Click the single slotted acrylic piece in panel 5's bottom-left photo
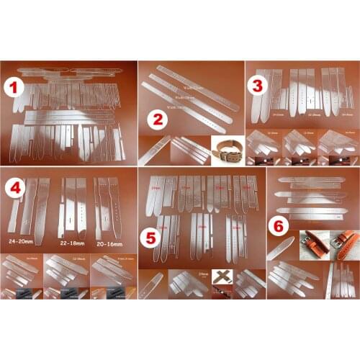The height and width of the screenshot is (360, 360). coord(150,285)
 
